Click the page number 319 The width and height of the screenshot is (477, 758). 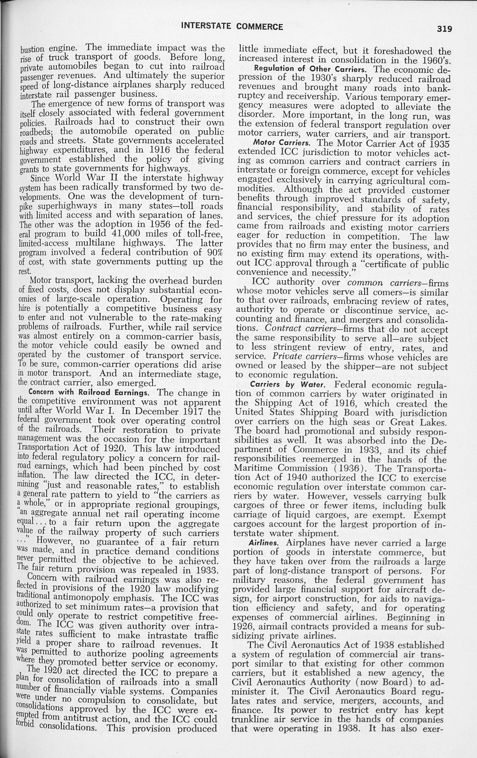[x=444, y=29]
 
